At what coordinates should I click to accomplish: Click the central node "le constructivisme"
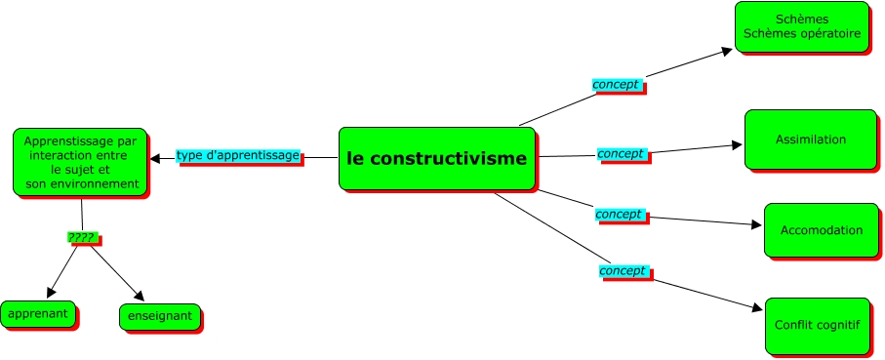click(x=436, y=158)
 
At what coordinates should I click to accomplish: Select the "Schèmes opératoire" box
click(x=801, y=26)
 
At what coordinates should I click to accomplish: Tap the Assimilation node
click(x=810, y=140)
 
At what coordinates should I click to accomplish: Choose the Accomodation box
click(x=821, y=230)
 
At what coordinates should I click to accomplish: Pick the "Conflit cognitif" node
click(x=817, y=325)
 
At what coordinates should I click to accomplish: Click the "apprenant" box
click(x=38, y=314)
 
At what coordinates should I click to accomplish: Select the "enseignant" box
click(x=159, y=317)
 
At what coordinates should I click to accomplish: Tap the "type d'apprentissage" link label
click(x=237, y=155)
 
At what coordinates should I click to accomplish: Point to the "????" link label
click(x=83, y=237)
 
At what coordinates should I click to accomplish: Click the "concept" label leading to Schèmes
click(x=617, y=85)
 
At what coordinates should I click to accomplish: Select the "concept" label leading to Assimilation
click(x=621, y=154)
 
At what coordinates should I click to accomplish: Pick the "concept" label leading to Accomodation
click(x=619, y=214)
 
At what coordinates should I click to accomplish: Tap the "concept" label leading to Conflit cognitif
click(x=623, y=270)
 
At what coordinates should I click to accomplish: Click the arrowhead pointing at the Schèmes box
click(x=726, y=50)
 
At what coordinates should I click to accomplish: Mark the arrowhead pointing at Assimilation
click(x=737, y=146)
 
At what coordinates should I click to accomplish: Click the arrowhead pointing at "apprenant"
click(x=53, y=292)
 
